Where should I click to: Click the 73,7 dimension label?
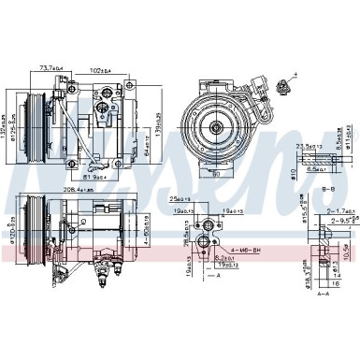click(x=77, y=67)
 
